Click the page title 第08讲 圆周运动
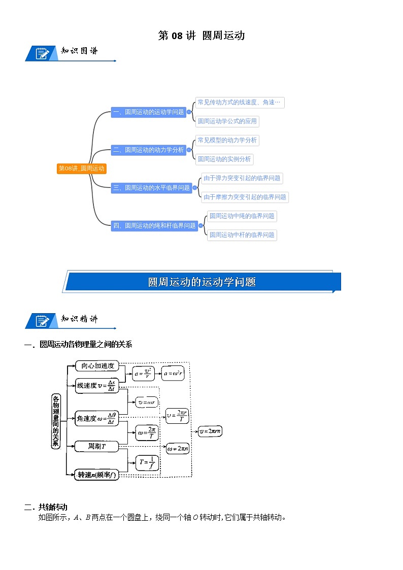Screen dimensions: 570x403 201,36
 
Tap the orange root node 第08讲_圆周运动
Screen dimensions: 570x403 82,169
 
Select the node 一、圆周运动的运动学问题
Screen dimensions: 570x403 149,112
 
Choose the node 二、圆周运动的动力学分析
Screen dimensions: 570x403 149,150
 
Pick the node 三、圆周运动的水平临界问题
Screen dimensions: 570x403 152,188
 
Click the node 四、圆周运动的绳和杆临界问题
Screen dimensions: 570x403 155,225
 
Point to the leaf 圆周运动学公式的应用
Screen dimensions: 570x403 227,121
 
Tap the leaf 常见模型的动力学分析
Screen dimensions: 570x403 227,140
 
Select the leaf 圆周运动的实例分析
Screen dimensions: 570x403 224,159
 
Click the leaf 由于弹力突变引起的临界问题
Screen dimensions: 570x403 242,178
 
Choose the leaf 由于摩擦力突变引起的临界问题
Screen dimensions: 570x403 245,197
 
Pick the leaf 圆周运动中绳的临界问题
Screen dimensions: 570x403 242,216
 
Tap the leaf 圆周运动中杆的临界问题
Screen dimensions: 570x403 242,235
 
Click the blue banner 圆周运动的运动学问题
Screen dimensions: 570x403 201,282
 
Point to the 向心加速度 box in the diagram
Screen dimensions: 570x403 97,366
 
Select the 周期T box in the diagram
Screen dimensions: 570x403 96,447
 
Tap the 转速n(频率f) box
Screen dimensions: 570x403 96,475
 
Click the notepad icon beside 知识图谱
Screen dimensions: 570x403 43,53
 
